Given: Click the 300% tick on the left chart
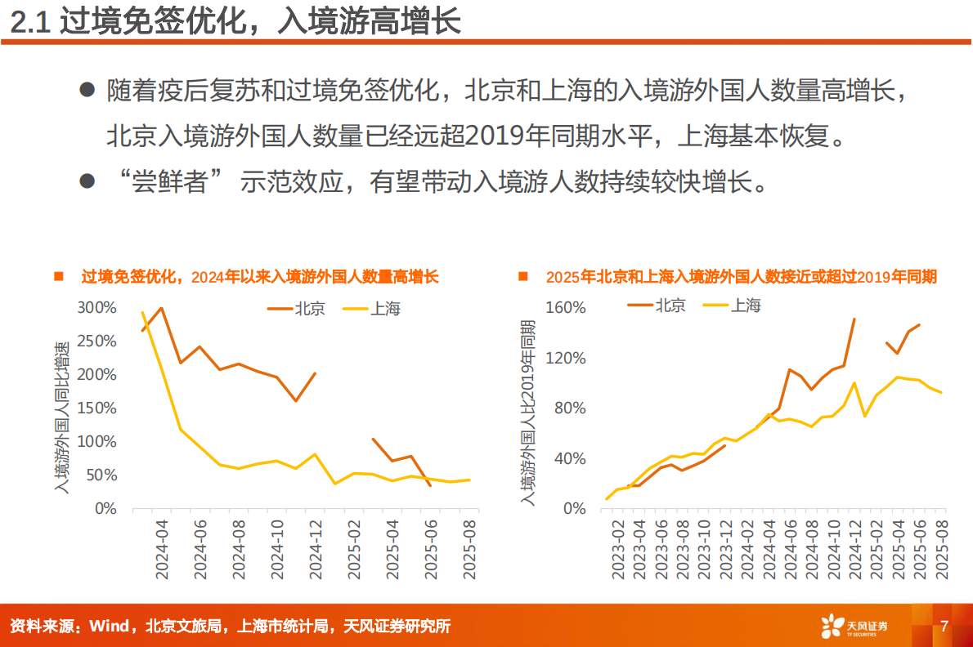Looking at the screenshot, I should [96, 307].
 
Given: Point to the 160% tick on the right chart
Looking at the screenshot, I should [564, 307].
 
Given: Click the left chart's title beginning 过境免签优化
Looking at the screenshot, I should [259, 277].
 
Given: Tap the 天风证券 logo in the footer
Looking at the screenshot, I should [854, 627].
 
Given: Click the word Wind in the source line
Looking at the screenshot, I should [109, 627].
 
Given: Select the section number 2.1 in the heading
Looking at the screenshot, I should [31, 23].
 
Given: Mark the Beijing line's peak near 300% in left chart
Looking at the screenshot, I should [161, 308].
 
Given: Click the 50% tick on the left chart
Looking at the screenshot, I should [101, 475].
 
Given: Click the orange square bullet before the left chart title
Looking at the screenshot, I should [58, 277].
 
